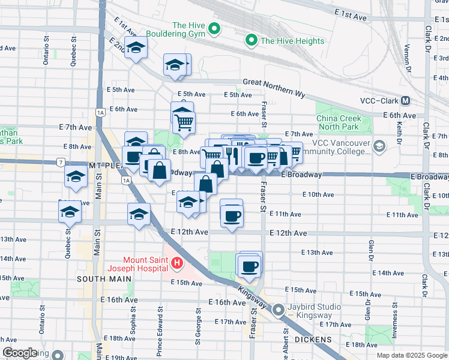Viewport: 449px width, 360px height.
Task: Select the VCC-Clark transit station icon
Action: pyautogui.click(x=406, y=101)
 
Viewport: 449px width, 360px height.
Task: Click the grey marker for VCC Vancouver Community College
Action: pyautogui.click(x=379, y=146)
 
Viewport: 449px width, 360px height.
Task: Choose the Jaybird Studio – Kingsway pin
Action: pyautogui.click(x=279, y=310)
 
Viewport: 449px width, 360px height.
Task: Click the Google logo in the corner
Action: pyautogui.click(x=20, y=353)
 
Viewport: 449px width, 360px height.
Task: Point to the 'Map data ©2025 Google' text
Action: pyautogui.click(x=411, y=355)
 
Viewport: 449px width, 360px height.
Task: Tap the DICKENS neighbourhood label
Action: pyautogui.click(x=314, y=340)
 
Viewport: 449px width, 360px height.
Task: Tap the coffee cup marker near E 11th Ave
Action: pyautogui.click(x=231, y=215)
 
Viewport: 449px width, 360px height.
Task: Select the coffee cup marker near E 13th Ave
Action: pyautogui.click(x=250, y=266)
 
